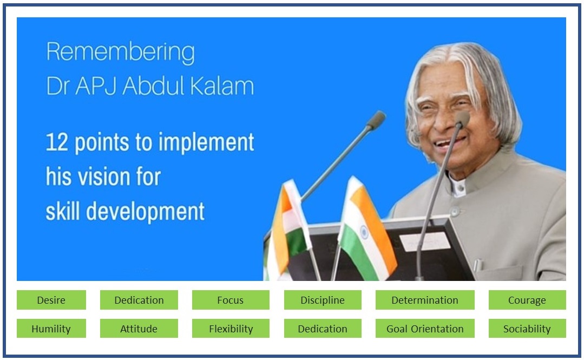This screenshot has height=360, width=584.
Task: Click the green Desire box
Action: tap(51, 300)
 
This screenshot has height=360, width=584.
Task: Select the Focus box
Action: tap(231, 300)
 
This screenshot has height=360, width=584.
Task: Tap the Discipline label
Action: tap(323, 300)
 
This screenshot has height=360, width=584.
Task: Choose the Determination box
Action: tap(425, 300)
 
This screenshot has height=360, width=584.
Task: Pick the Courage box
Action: tap(527, 300)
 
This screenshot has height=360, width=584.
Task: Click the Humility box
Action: tap(51, 328)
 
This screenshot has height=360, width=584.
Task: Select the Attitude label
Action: tap(139, 329)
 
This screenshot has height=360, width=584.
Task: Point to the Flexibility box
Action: tap(231, 328)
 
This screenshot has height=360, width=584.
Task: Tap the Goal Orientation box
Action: tap(425, 328)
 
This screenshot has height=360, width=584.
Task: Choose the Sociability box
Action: tap(527, 328)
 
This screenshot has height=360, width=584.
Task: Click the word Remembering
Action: tap(120, 52)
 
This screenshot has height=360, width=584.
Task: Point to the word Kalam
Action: tap(222, 86)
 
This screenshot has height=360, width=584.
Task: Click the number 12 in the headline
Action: tap(57, 142)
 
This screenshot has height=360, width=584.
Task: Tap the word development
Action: tap(145, 212)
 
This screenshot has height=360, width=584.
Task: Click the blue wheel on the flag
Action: tap(364, 232)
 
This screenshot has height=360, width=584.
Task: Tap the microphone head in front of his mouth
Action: tap(462, 119)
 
